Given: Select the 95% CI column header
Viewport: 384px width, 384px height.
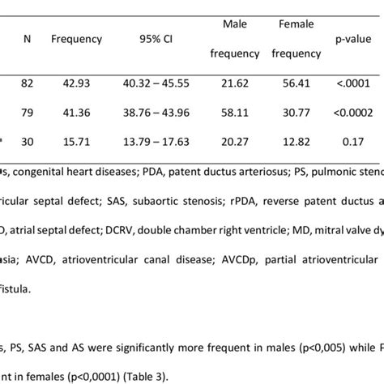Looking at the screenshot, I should click(x=151, y=39).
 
